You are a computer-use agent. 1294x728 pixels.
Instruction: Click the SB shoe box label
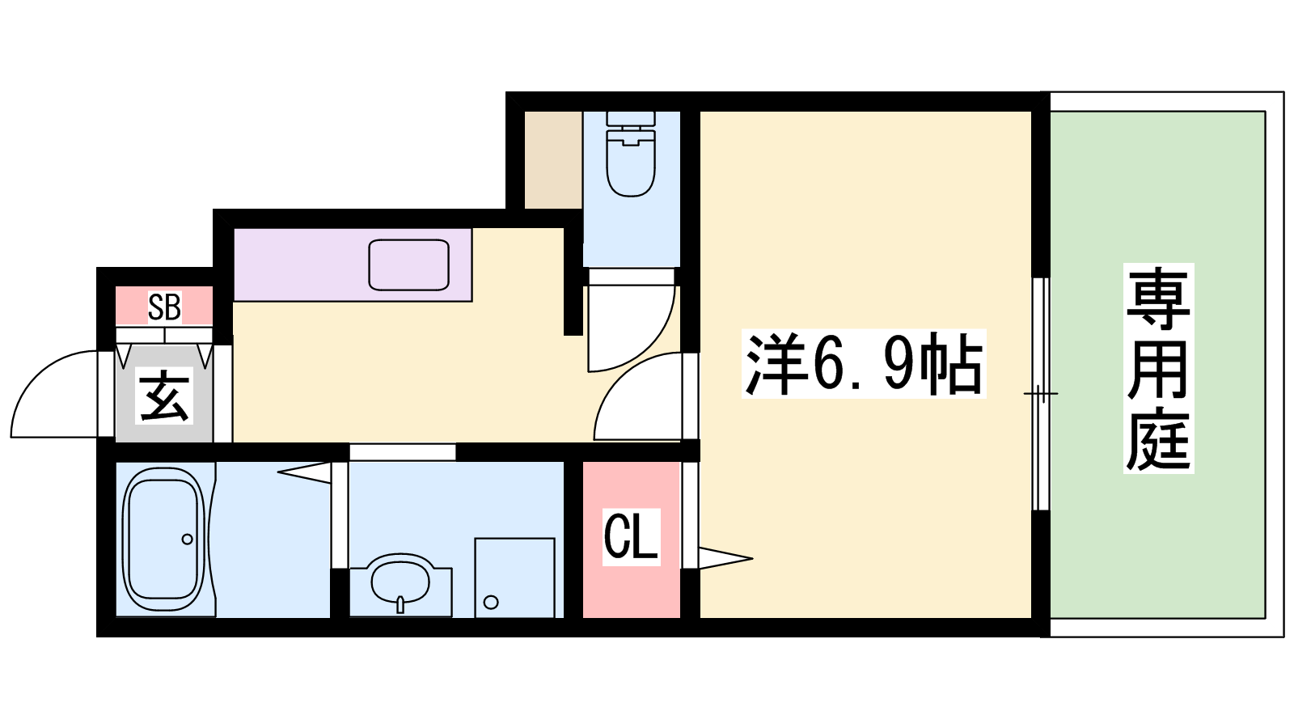(165, 307)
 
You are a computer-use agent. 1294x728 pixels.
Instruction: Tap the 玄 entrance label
(165, 396)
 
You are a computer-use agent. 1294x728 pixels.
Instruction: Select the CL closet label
(631, 535)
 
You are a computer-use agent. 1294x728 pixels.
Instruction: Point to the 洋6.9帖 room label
(863, 364)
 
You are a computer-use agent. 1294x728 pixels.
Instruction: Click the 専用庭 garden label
(1158, 368)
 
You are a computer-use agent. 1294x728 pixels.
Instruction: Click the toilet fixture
(631, 154)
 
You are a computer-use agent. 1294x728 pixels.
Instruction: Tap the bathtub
(166, 539)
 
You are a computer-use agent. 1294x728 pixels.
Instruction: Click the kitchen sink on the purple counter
(409, 265)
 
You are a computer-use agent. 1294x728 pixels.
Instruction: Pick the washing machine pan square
(514, 578)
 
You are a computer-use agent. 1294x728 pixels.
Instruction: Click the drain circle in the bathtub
(187, 539)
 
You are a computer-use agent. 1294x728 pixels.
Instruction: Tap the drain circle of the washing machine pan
(491, 603)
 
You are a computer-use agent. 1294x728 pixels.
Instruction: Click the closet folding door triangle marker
(725, 558)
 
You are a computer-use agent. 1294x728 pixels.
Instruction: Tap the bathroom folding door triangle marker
(304, 472)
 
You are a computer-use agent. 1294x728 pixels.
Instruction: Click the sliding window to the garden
(1040, 394)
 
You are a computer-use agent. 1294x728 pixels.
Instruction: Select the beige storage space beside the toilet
(553, 160)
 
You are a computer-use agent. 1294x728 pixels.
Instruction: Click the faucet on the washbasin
(400, 604)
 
